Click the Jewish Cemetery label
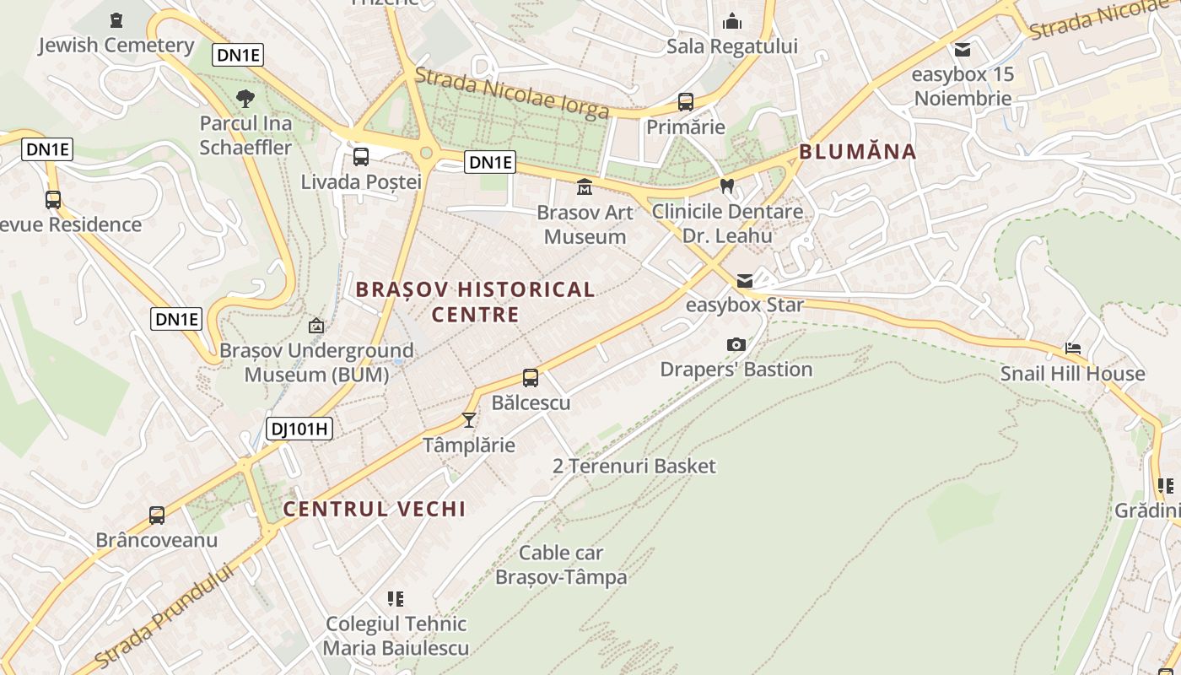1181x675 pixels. [116, 46]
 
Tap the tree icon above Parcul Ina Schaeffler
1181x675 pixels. [245, 99]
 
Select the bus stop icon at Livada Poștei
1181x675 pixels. [361, 156]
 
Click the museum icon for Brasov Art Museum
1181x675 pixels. [585, 186]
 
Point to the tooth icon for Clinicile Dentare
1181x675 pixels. [727, 186]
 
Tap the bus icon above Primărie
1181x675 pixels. [686, 102]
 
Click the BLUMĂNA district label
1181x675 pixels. [857, 152]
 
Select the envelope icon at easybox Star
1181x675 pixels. [745, 280]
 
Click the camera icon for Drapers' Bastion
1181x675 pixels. [736, 344]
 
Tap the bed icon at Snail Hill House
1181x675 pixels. [1073, 348]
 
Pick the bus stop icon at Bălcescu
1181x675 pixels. [531, 377]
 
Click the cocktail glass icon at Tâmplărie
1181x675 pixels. [469, 419]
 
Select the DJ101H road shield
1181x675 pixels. [299, 429]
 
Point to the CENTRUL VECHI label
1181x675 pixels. [375, 510]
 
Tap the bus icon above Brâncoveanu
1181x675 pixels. [157, 515]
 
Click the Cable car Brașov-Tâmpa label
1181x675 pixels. [561, 565]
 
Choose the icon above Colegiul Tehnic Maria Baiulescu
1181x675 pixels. [396, 599]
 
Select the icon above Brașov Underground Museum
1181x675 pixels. [316, 325]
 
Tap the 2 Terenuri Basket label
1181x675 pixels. [634, 466]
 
